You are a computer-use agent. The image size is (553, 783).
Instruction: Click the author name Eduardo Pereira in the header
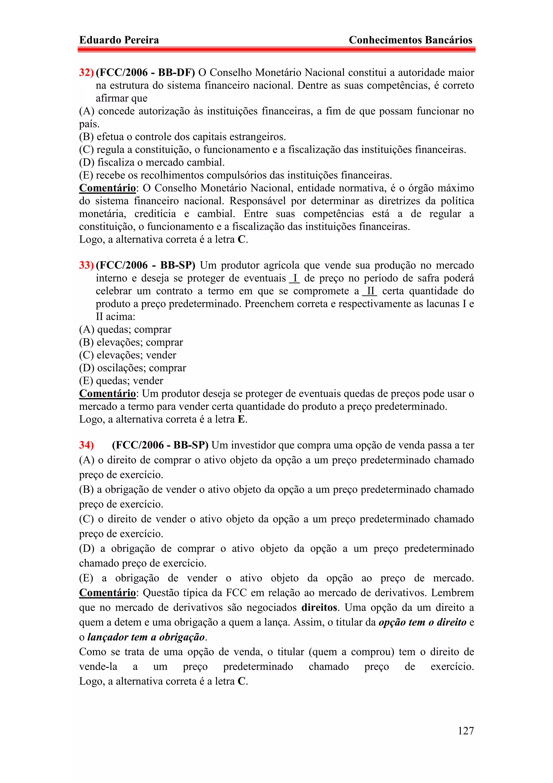tap(119, 40)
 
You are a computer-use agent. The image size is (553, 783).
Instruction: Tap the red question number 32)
tap(86, 73)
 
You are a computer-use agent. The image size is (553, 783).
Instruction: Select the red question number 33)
tap(86, 265)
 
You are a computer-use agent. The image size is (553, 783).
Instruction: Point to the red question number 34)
tap(86, 445)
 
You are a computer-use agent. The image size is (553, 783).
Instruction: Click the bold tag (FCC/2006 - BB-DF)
tap(146, 73)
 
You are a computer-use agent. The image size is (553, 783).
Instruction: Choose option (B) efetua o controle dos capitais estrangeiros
tap(182, 137)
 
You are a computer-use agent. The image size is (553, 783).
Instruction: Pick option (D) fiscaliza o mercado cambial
tap(152, 162)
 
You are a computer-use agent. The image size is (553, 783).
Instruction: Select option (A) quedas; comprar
tap(125, 329)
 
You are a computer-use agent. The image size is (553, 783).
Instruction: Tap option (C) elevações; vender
tap(127, 355)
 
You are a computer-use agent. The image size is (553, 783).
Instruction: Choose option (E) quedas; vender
tap(121, 381)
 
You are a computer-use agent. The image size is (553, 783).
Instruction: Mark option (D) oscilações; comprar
tap(133, 368)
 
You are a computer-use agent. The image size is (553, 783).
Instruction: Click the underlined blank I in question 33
tap(294, 278)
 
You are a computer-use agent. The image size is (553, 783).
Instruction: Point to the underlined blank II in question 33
tap(370, 291)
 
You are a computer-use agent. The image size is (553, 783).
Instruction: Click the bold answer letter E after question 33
tap(241, 419)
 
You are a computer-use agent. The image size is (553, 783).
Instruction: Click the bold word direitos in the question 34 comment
tap(319, 608)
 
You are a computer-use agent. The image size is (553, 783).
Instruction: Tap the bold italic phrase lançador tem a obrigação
tap(146, 637)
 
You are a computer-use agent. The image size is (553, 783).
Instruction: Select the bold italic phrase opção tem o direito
tap(423, 623)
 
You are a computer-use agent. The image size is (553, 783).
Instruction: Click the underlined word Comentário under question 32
tap(107, 188)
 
